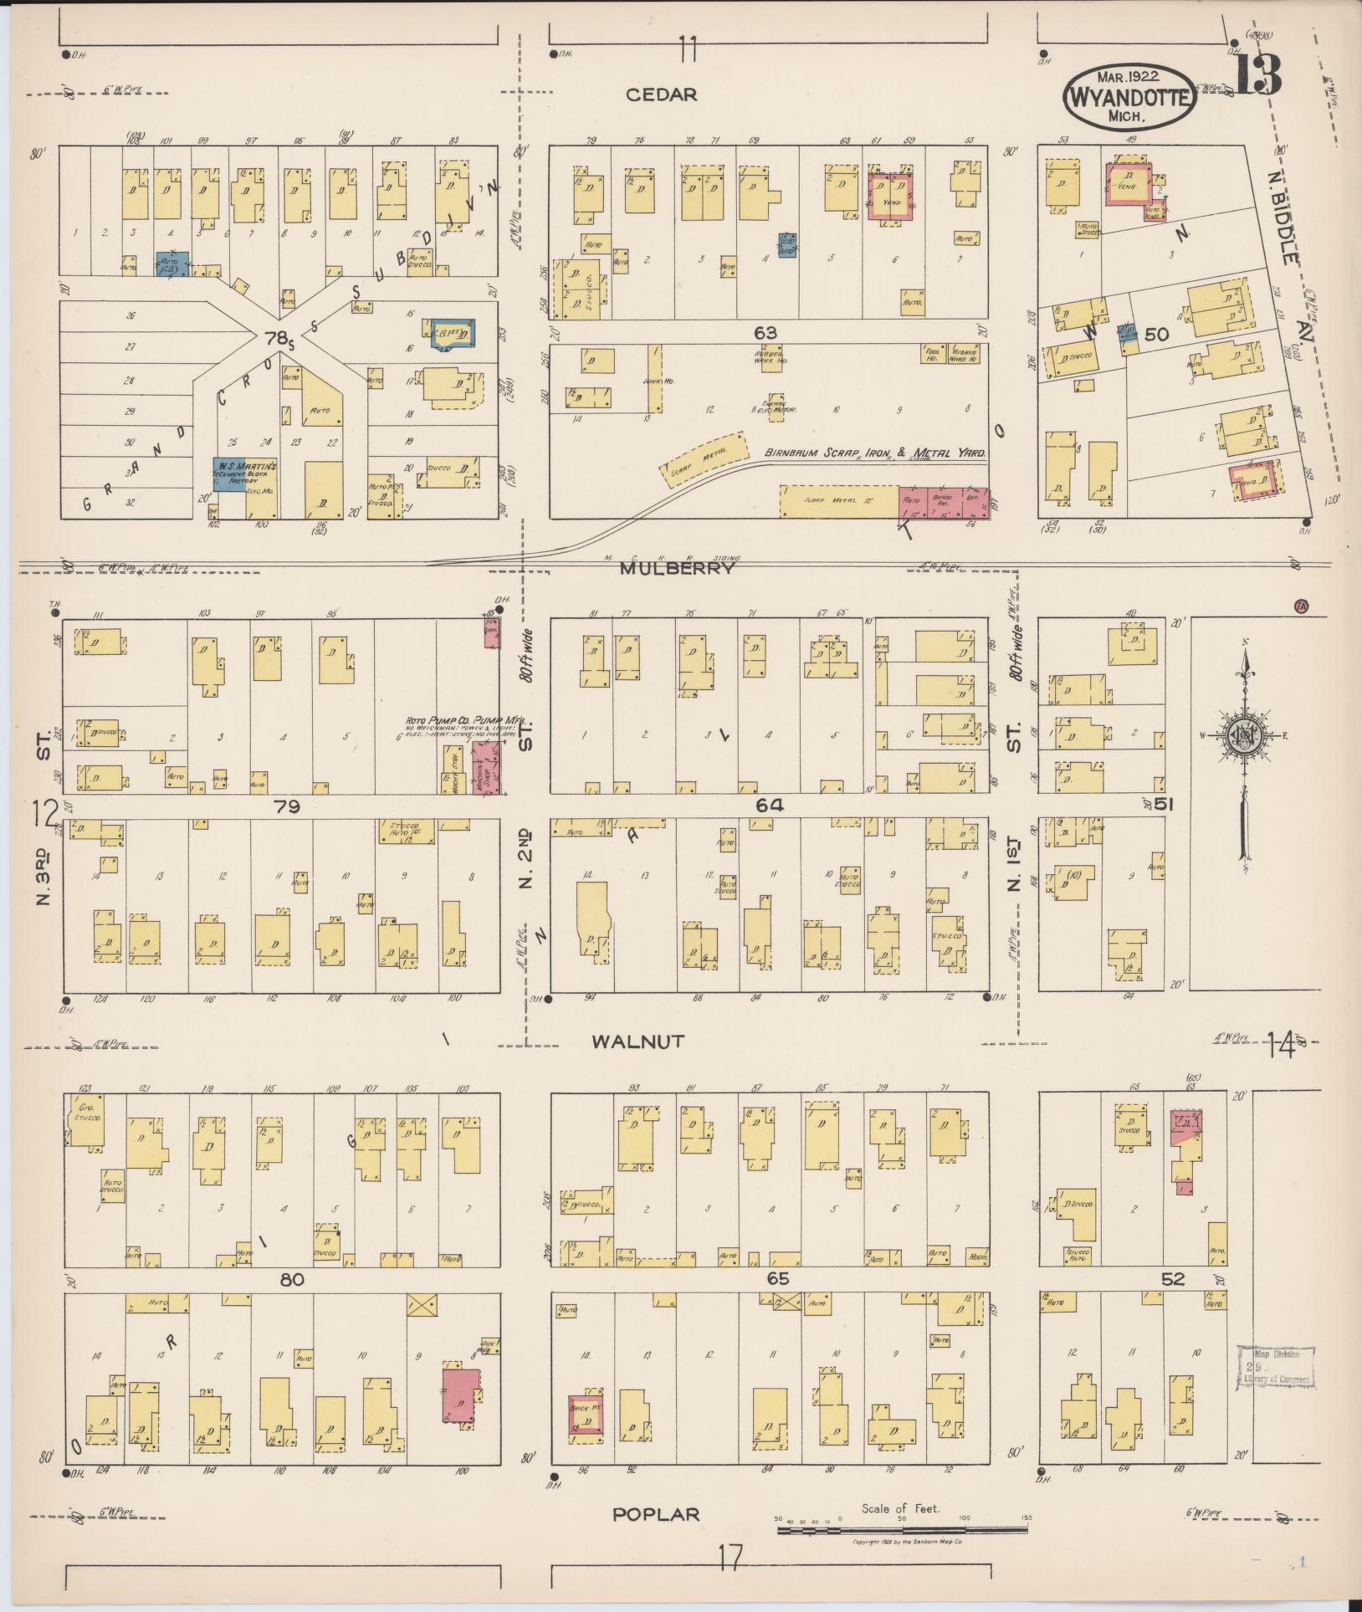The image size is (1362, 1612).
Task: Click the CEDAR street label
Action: (x=661, y=95)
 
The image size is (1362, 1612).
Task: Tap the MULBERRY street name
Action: (x=677, y=569)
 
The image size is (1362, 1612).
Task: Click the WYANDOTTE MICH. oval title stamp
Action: (x=1129, y=98)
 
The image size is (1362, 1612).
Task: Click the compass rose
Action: (x=1243, y=734)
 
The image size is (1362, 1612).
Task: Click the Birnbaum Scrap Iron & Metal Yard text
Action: (x=875, y=453)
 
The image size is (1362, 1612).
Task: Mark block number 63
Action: (x=765, y=333)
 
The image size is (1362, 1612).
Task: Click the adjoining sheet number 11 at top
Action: (x=688, y=50)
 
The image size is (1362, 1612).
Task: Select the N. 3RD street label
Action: (x=44, y=877)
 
